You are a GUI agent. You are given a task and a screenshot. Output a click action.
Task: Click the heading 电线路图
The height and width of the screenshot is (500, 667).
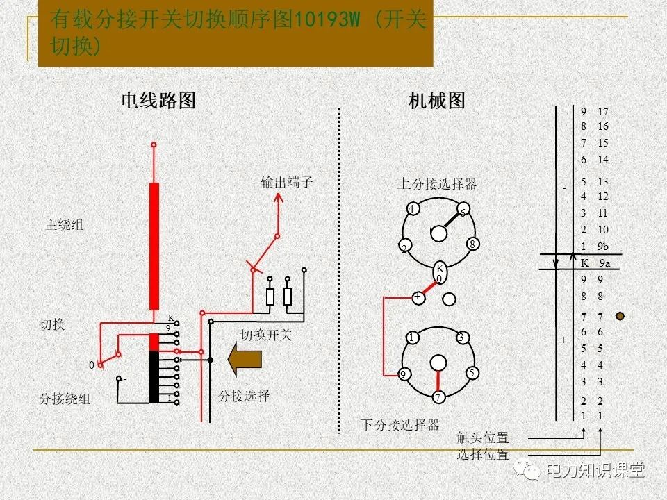(x=158, y=101)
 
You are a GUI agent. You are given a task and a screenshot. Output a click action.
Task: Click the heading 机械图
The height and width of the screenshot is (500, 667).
(x=437, y=101)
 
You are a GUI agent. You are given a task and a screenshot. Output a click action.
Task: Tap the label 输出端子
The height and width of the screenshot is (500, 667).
(x=287, y=183)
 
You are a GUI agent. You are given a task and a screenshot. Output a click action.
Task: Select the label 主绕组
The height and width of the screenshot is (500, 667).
(x=65, y=225)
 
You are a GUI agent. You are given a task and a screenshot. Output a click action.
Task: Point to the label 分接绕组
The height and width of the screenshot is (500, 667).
(x=65, y=399)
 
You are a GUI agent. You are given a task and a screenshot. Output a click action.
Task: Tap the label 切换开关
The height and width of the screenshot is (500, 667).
(x=267, y=335)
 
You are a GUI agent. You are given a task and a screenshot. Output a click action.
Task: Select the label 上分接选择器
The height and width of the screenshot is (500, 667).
(x=437, y=184)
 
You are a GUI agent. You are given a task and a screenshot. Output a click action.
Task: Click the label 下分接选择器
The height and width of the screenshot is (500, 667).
(x=400, y=424)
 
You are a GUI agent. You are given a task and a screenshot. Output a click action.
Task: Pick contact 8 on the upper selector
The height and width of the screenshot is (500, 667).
(x=472, y=244)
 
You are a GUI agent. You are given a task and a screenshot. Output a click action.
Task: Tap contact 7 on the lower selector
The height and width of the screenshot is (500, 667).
(x=438, y=398)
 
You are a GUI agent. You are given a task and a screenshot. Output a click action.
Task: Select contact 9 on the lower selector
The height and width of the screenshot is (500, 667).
(x=403, y=374)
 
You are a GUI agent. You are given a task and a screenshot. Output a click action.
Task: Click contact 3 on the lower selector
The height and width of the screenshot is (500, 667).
(x=461, y=338)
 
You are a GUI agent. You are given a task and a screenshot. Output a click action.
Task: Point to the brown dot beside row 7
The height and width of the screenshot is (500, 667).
(x=620, y=316)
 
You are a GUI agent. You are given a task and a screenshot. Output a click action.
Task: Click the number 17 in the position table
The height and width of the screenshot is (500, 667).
(x=602, y=112)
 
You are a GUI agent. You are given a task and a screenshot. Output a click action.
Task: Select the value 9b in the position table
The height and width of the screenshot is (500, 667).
(x=602, y=247)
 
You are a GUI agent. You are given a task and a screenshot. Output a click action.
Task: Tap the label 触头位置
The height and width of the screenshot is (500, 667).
(x=482, y=438)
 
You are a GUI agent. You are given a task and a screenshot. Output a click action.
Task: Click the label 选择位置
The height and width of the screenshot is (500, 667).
(x=482, y=455)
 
